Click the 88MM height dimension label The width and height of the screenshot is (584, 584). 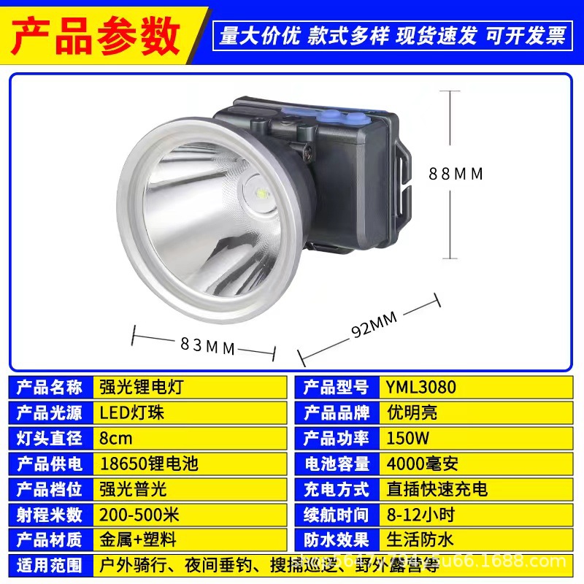(456, 174)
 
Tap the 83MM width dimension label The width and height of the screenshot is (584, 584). (208, 345)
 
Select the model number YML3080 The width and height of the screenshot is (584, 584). (421, 386)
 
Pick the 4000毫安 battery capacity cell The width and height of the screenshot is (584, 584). (423, 463)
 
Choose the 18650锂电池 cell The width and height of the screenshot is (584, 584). (148, 463)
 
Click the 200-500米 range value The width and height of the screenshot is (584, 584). (139, 514)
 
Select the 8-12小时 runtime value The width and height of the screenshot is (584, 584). (421, 514)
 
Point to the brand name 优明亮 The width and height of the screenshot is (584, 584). (412, 412)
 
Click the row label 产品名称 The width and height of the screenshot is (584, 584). (49, 386)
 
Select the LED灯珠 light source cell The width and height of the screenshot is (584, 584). (132, 412)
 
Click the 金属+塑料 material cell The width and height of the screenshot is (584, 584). (138, 539)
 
